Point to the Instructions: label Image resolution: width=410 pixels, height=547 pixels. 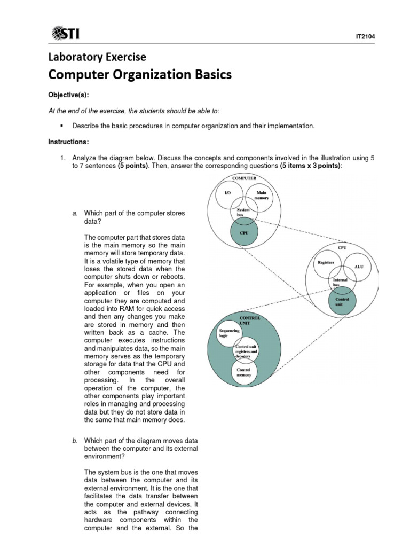click(68, 143)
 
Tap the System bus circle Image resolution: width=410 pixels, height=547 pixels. click(244, 212)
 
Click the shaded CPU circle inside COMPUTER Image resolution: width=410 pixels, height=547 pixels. click(244, 232)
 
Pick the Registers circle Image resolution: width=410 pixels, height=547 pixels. click(326, 263)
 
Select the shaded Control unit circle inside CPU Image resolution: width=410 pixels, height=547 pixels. click(342, 300)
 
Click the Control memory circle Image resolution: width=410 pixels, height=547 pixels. click(243, 372)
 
